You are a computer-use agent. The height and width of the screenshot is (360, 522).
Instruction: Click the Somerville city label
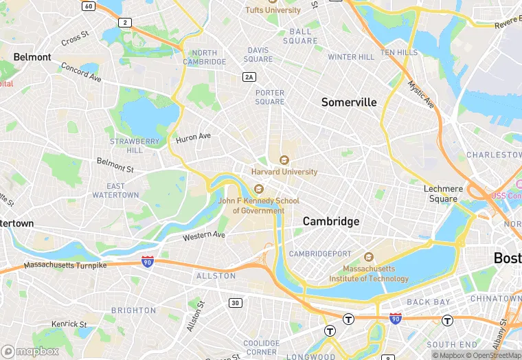click(x=349, y=102)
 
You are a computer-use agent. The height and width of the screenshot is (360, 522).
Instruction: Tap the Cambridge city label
click(x=331, y=221)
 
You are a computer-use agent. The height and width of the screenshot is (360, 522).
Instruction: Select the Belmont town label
click(x=32, y=57)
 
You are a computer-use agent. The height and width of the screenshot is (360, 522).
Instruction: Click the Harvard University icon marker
click(x=284, y=160)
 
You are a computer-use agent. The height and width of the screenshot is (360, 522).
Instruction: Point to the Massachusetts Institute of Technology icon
click(x=369, y=258)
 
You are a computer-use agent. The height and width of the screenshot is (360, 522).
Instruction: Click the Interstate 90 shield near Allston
click(x=147, y=261)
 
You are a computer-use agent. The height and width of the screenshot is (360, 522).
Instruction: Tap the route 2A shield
click(x=249, y=77)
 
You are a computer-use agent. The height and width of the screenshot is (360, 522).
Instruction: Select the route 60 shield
click(x=88, y=5)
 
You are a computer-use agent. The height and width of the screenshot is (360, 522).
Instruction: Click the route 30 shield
click(x=236, y=303)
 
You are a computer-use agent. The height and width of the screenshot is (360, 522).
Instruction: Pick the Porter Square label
click(x=270, y=97)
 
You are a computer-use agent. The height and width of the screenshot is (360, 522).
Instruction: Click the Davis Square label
click(x=259, y=54)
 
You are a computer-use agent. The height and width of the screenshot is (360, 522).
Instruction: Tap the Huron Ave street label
click(x=194, y=137)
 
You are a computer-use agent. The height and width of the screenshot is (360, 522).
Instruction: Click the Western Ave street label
click(x=204, y=236)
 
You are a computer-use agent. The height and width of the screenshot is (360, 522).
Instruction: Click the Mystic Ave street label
click(x=421, y=94)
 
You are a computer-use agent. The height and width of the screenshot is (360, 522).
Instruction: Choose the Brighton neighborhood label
click(x=134, y=311)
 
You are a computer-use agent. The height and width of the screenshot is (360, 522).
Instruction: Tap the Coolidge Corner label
click(x=261, y=348)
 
